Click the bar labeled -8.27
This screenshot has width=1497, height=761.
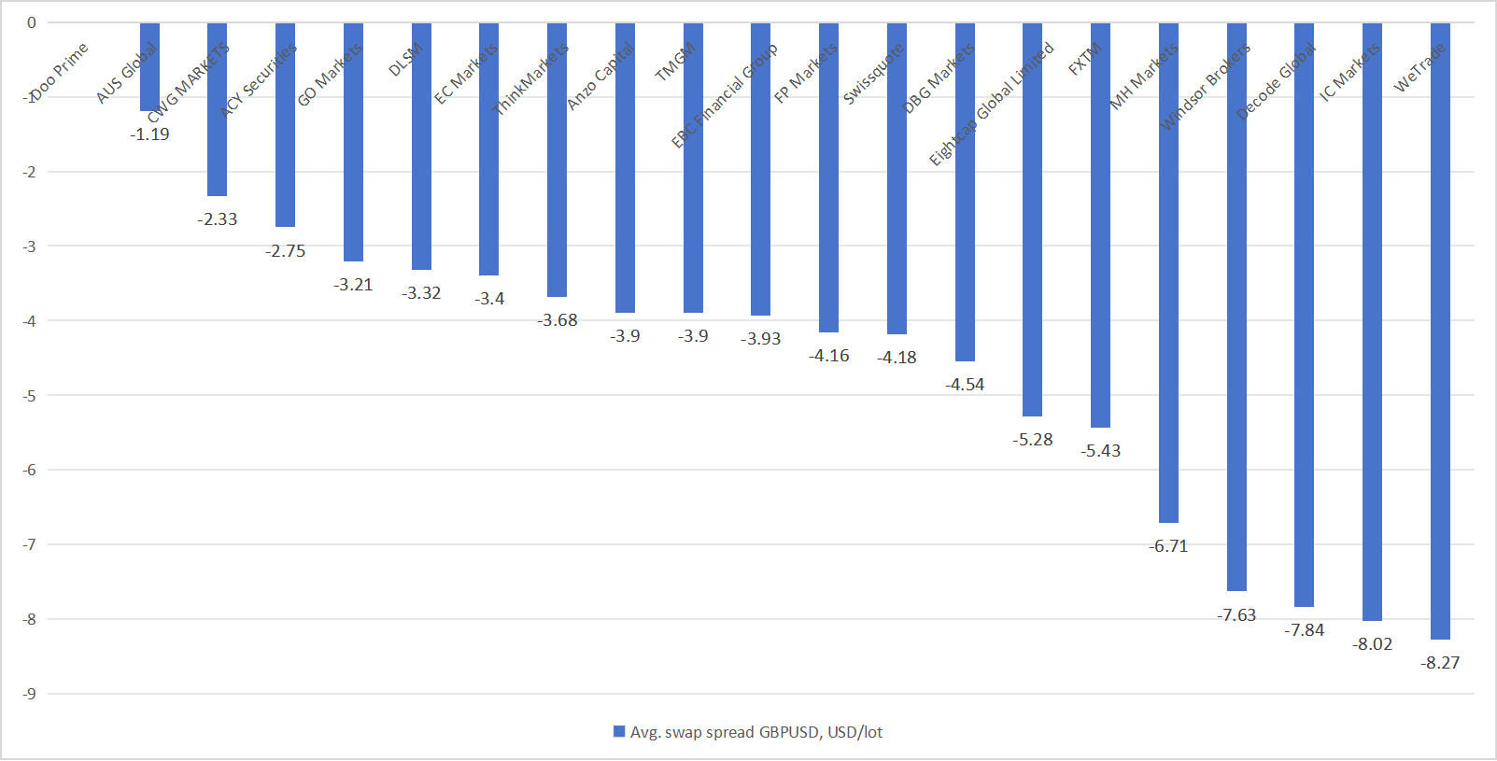point(1440,331)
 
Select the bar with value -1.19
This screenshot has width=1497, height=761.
point(149,67)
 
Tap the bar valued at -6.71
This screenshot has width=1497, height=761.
point(1168,273)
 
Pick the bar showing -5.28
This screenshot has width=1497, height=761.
point(1032,219)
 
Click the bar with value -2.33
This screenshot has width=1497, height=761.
point(217,109)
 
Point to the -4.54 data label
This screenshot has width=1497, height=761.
point(965,385)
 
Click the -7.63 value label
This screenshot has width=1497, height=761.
point(1236,615)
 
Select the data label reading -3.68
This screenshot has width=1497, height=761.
point(558,320)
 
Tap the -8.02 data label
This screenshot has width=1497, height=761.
point(1373,644)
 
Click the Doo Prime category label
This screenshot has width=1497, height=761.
point(59,72)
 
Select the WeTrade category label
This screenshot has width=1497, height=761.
point(1419,67)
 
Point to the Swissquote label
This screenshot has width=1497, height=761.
point(873,74)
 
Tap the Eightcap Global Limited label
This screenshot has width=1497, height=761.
point(991,105)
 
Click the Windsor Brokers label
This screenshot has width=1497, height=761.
point(1204,88)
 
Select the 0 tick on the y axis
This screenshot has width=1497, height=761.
point(32,23)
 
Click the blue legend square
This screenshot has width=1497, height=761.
point(619,732)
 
